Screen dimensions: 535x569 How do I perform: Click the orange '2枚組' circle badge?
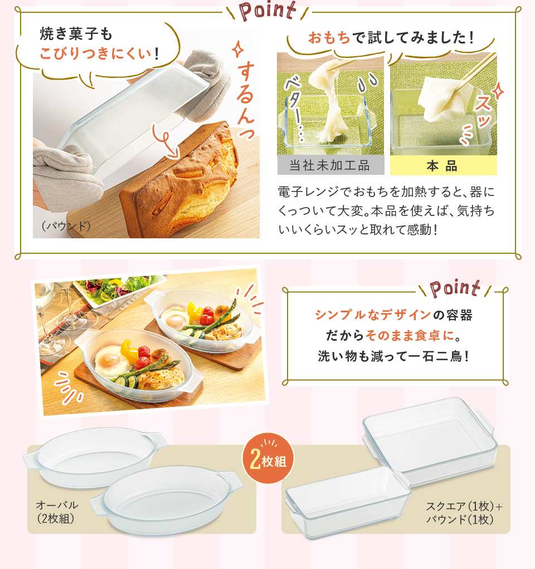[x=268, y=458]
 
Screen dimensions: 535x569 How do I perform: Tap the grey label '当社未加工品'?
[x=330, y=165]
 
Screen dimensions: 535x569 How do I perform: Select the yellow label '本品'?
[x=442, y=166]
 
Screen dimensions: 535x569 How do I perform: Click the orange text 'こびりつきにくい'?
[x=95, y=53]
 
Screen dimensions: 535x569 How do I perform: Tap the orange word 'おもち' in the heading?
[x=329, y=37]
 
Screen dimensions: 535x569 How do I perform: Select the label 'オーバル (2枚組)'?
[x=57, y=512]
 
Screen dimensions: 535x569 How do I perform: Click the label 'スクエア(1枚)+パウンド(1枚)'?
[x=464, y=513]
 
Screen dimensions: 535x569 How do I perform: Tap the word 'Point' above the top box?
[x=268, y=11]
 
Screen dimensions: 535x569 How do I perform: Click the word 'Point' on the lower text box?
[x=455, y=288]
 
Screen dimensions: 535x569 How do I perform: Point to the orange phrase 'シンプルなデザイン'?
[x=373, y=315]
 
